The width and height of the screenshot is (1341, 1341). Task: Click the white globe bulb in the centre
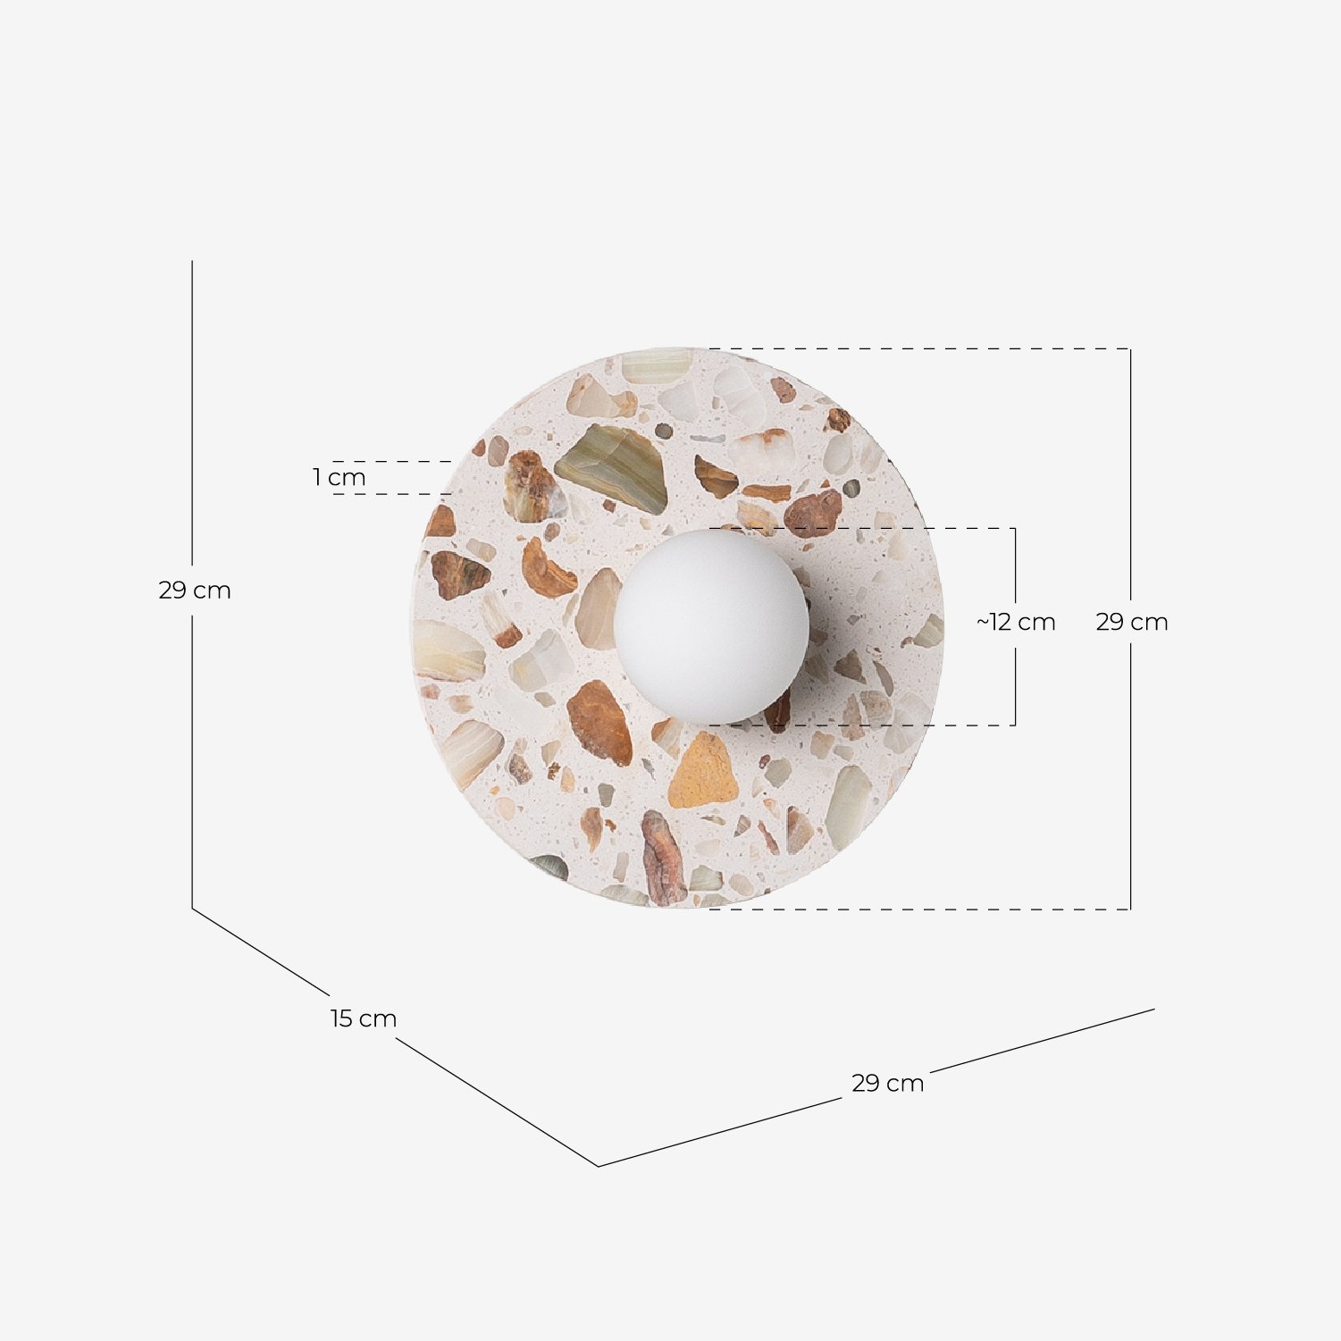click(x=711, y=625)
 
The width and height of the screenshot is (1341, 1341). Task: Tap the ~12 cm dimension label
click(x=1016, y=622)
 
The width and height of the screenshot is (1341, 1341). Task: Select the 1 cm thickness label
click(x=339, y=478)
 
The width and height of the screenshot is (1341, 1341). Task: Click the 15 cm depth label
click(x=363, y=1018)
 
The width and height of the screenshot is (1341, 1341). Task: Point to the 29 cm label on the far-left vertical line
click(x=195, y=591)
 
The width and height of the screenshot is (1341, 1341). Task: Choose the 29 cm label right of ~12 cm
click(x=1131, y=622)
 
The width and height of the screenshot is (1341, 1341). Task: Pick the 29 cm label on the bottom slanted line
click(x=887, y=1083)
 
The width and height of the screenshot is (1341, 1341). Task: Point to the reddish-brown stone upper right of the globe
click(x=814, y=512)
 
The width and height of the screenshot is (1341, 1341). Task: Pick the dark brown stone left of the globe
click(x=459, y=574)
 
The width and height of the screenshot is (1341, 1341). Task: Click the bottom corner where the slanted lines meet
click(x=598, y=1166)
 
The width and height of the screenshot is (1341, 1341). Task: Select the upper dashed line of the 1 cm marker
click(x=393, y=462)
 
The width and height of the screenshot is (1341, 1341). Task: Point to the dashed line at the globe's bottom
click(x=858, y=725)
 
